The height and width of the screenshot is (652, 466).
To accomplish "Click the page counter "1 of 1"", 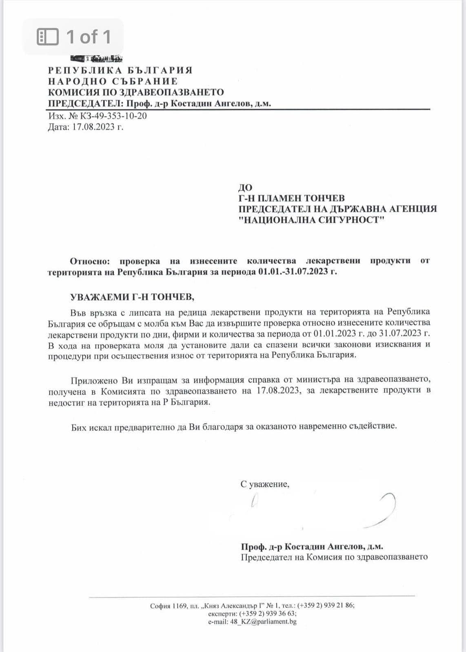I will point(89,37).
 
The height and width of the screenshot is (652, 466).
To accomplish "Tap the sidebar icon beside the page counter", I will point(48,37).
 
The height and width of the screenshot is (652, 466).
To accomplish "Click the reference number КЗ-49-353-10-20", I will point(113,116).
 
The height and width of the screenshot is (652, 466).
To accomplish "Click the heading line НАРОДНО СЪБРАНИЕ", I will point(113,81).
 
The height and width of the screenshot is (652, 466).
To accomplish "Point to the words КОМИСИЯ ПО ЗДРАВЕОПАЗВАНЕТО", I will point(135,92).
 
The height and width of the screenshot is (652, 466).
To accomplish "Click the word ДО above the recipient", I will point(245,187).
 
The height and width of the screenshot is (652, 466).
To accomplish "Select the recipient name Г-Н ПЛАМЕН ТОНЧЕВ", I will point(291,198).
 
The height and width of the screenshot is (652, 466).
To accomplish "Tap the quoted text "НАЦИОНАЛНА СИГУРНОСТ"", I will point(312,220).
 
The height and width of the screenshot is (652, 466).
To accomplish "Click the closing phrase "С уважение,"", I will point(265,484).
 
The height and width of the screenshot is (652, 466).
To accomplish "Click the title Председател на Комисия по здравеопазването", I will point(334,557).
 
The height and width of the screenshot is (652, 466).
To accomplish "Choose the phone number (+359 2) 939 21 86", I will point(325,605).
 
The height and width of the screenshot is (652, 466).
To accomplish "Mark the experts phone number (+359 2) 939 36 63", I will point(268,613).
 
